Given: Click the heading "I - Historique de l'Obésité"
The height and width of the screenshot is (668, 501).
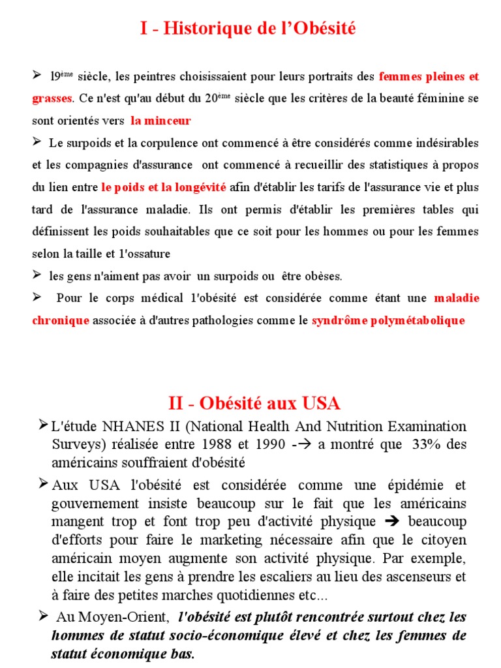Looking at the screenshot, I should click(x=248, y=29).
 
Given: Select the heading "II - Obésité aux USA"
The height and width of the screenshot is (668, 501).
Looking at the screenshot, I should click(x=254, y=402).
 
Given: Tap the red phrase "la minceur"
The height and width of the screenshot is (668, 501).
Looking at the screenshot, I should click(x=160, y=121).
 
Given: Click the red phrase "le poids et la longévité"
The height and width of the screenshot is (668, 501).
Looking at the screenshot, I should click(x=164, y=187).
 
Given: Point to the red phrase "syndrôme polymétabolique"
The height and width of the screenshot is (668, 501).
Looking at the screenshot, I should click(x=388, y=320).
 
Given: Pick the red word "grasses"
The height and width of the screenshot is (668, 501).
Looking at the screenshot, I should click(x=52, y=99).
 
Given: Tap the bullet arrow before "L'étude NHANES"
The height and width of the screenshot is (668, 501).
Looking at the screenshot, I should click(x=43, y=426).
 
